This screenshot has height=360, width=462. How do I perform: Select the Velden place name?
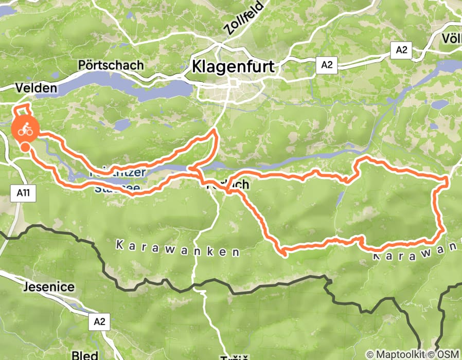(x=35, y=88)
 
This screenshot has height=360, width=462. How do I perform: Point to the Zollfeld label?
(x=244, y=18)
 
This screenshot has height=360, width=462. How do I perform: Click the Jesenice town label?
(x=48, y=287)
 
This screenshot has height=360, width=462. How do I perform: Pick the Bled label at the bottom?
(x=84, y=355)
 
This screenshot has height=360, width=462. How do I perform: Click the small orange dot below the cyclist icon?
(x=25, y=148)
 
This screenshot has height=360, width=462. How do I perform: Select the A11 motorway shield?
(x=21, y=192)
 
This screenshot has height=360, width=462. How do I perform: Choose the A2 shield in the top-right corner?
(x=401, y=49)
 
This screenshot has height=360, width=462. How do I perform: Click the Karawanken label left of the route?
(x=177, y=249)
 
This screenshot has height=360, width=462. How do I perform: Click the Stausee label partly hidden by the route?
(x=117, y=188)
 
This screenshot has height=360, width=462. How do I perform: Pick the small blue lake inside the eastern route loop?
(x=340, y=198)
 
